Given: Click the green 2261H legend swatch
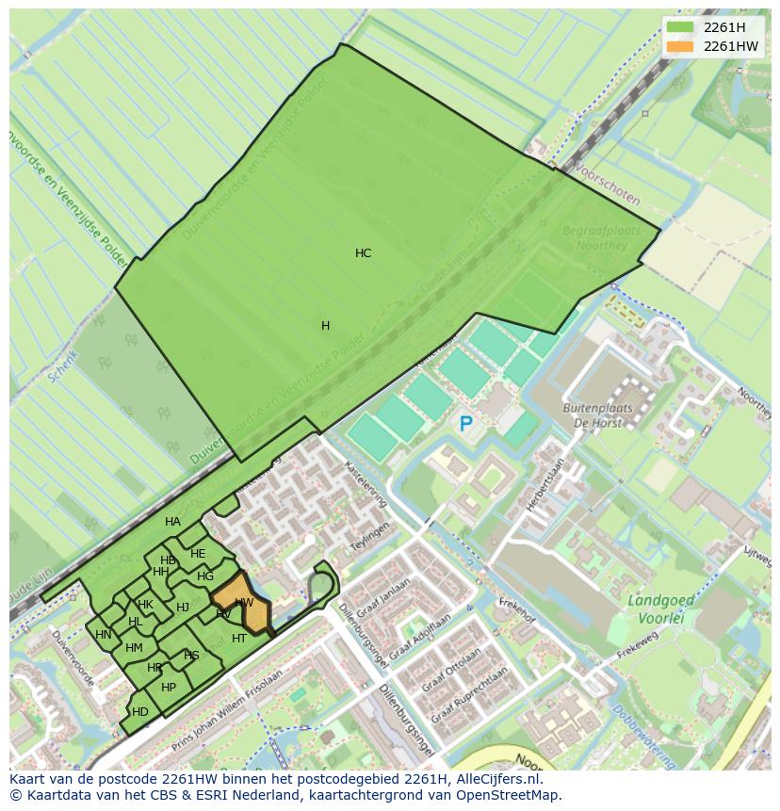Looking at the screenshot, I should tap(679, 27).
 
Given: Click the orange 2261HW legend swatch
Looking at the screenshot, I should tap(679, 46).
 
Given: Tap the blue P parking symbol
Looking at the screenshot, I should tap(465, 425).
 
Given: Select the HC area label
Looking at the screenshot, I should tap(363, 253).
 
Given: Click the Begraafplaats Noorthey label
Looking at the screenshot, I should tap(601, 238).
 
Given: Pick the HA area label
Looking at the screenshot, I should tap(172, 522).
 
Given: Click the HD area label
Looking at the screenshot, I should tap(140, 712).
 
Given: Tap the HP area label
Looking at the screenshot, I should tap(169, 688).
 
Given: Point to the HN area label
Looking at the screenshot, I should tap(104, 635).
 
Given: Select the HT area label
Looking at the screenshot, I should tap(239, 639).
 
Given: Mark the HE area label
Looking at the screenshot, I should tap(198, 554).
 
